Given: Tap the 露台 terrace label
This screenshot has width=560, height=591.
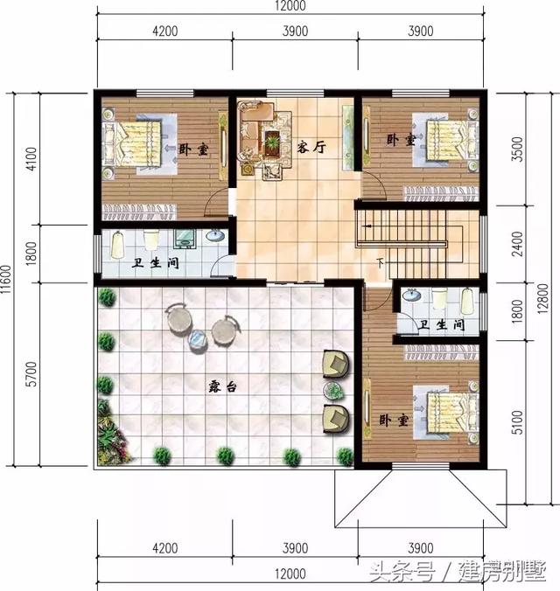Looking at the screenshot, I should tap(220, 385).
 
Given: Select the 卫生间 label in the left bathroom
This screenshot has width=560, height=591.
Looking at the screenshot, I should tap(156, 263).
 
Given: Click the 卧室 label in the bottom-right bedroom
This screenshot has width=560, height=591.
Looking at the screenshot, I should tap(395, 420).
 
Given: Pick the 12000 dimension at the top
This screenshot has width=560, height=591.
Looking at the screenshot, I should tap(289, 7).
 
